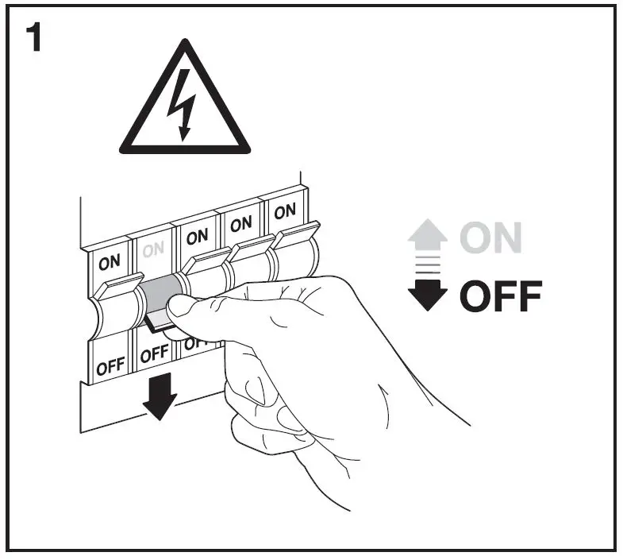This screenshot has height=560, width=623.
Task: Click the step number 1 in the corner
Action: point(33,38)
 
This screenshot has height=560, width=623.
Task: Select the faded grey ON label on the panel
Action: point(153,249)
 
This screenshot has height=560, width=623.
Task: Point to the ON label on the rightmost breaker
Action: point(284,211)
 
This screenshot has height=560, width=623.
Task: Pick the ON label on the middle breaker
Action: point(197,236)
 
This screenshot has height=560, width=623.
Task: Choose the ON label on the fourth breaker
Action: point(240,224)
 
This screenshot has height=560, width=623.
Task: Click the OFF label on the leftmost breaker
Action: point(110,368)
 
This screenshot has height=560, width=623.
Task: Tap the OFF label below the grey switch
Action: point(154,354)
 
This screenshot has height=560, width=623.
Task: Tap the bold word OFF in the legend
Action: point(501,297)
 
